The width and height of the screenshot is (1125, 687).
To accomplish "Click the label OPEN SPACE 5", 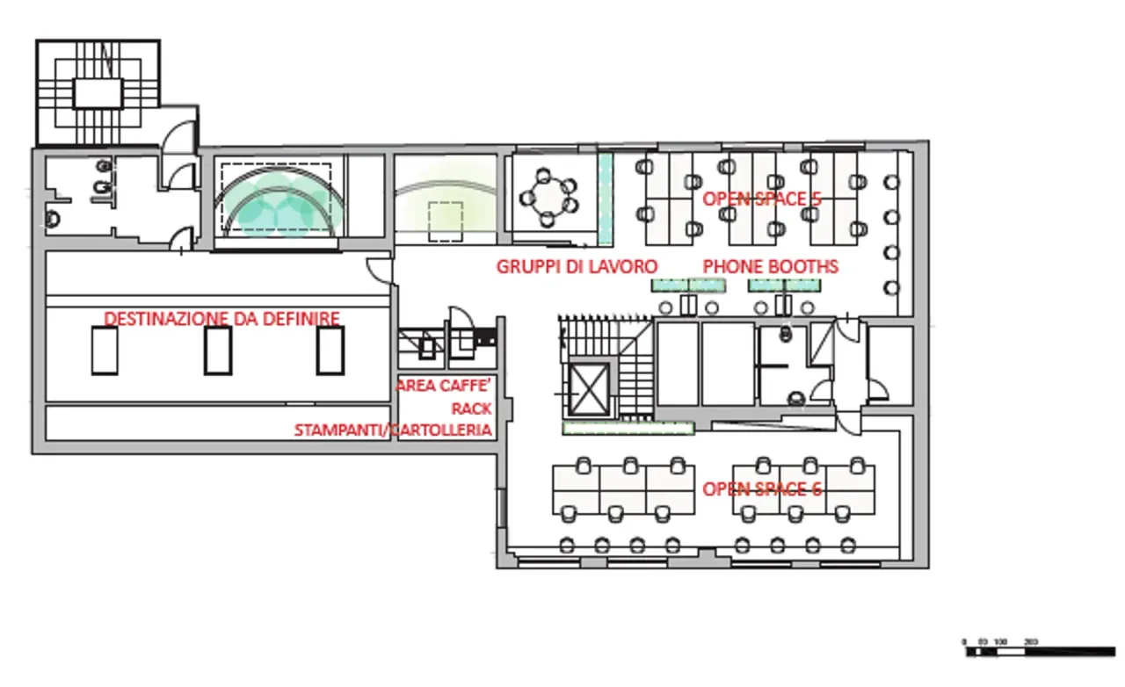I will tap(761, 199).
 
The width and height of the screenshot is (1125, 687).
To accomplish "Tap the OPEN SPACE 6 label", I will tap(762, 488).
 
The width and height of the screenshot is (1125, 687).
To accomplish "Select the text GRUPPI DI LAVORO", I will tap(577, 265).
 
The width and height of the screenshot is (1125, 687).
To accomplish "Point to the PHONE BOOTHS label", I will tap(770, 265).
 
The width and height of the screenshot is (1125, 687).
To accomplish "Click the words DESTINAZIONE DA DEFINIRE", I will tap(222, 318).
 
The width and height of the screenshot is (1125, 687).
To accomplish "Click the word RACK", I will tap(472, 409).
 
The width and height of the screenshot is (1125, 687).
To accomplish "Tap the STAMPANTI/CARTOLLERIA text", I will tap(393, 430).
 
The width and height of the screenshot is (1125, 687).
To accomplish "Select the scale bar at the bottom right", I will tap(1039, 651).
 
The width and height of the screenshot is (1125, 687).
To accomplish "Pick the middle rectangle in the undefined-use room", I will tap(218, 351).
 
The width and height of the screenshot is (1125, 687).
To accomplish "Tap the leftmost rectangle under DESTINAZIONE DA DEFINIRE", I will tap(105, 351).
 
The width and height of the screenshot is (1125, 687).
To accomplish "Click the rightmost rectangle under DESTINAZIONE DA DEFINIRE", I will tap(331, 351).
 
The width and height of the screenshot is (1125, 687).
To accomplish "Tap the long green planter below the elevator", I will tap(628, 429).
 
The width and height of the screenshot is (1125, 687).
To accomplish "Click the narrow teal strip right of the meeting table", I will tap(605, 199).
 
